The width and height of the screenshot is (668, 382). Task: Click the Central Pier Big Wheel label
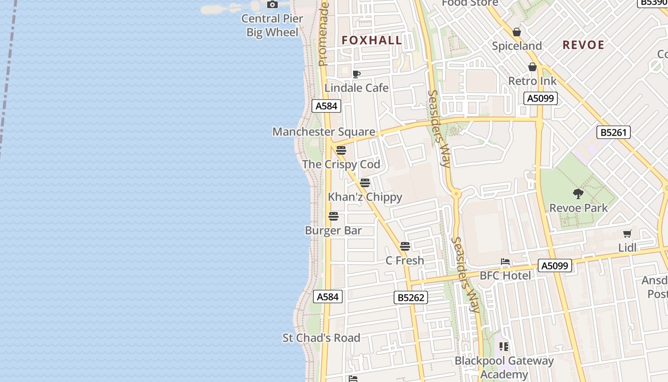pyautogui.click(x=272, y=25)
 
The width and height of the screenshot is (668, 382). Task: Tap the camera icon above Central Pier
pyautogui.click(x=272, y=5)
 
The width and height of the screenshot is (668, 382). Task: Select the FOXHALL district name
pyautogui.click(x=372, y=40)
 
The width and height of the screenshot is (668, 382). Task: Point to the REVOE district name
pyautogui.click(x=584, y=45)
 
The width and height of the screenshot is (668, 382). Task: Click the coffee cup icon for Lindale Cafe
pyautogui.click(x=356, y=74)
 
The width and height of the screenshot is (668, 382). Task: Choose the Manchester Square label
pyautogui.click(x=324, y=131)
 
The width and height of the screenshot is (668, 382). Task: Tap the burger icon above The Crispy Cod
pyautogui.click(x=341, y=150)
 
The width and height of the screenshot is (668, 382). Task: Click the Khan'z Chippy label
pyautogui.click(x=365, y=197)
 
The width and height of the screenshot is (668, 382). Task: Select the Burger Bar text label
pyautogui.click(x=334, y=230)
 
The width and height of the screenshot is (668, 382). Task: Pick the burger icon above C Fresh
pyautogui.click(x=405, y=246)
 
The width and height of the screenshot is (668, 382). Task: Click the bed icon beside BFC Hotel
pyautogui.click(x=505, y=262)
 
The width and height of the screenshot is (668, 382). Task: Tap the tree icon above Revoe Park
pyautogui.click(x=578, y=193)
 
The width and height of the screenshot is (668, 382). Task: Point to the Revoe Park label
pyautogui.click(x=578, y=208)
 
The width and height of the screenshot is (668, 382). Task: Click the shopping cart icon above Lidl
pyautogui.click(x=627, y=233)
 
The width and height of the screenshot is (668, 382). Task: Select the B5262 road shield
pyautogui.click(x=411, y=297)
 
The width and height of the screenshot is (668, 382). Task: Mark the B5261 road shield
pyautogui.click(x=614, y=132)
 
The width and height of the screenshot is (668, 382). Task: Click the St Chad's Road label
pyautogui.click(x=321, y=338)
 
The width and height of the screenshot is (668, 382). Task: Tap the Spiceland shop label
pyautogui.click(x=517, y=46)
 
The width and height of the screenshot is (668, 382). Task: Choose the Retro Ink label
pyautogui.click(x=532, y=81)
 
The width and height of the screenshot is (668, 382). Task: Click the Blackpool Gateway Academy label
pyautogui.click(x=504, y=367)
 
